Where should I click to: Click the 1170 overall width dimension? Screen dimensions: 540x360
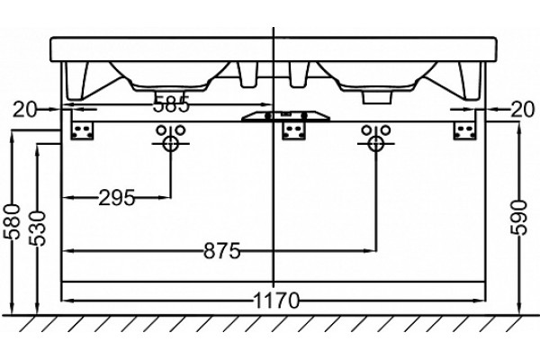point(276,301)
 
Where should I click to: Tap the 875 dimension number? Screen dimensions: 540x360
point(221,251)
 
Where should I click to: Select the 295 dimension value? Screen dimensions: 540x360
point(116,198)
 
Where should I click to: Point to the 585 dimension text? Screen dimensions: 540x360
point(172,104)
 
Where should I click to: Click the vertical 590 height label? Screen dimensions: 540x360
point(519,218)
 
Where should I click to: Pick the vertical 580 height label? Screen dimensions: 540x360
point(12,221)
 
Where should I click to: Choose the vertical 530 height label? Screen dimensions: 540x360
point(37,229)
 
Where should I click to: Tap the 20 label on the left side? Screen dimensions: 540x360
point(24,110)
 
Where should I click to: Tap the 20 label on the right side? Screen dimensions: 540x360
point(523,110)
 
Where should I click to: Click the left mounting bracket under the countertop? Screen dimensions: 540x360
point(82,130)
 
